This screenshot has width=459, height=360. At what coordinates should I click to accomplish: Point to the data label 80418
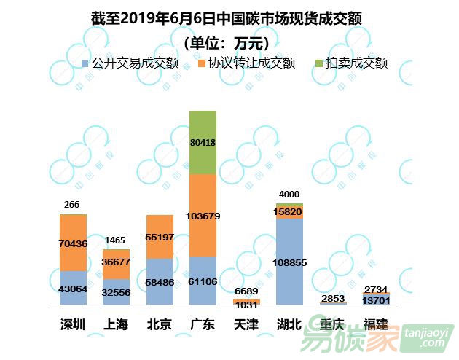[x=203, y=143]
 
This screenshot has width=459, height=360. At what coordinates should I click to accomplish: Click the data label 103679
[x=203, y=216]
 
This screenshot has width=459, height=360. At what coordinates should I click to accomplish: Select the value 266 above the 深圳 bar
[x=71, y=205]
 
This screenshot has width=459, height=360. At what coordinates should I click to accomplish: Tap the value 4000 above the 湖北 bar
[x=289, y=194]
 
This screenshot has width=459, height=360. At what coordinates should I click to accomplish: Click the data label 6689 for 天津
[x=246, y=291]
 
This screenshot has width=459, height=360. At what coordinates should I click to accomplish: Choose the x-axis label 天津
[x=246, y=324]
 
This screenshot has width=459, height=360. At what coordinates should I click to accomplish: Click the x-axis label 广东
[x=203, y=324]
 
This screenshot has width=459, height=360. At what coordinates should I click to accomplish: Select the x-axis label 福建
[x=376, y=324]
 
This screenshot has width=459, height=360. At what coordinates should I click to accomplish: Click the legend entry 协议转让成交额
[x=251, y=63]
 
